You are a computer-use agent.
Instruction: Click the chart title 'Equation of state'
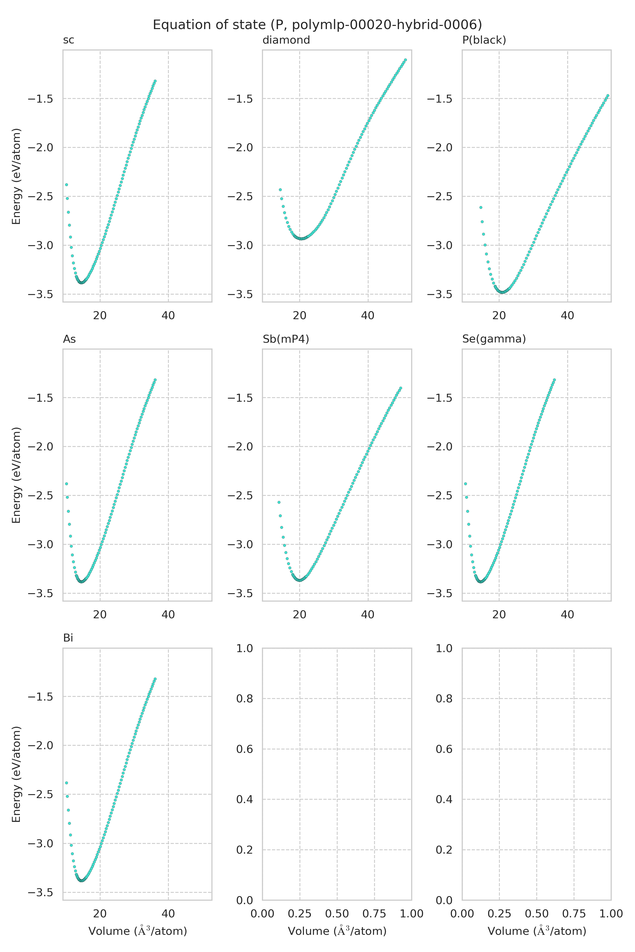[317, 25]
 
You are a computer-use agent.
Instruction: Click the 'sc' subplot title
[69, 40]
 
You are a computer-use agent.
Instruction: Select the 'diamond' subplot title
[286, 40]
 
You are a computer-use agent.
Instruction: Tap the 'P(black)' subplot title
[484, 40]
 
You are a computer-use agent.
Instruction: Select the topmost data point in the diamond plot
[405, 60]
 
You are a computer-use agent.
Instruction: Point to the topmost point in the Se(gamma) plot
[554, 380]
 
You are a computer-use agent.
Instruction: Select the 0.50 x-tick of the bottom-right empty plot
[537, 914]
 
